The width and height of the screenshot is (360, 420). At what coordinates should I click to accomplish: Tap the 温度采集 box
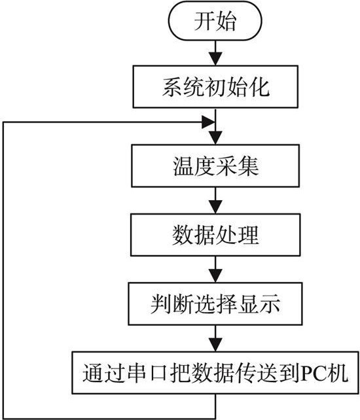pyautogui.click(x=215, y=166)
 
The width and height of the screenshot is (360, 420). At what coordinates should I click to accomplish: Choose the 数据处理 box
pyautogui.click(x=215, y=234)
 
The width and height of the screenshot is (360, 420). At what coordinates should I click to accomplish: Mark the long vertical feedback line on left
pyautogui.click(x=5, y=262)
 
